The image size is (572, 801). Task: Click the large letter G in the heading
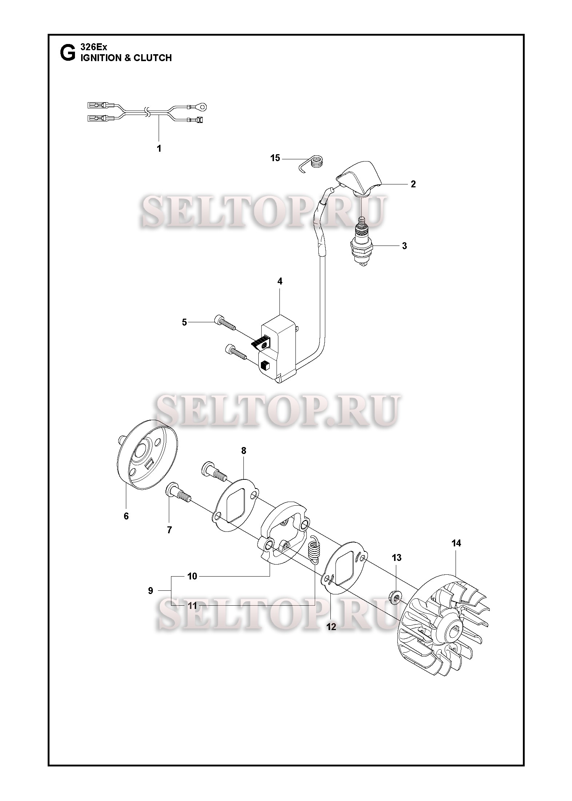point(67,53)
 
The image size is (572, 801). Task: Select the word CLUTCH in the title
point(152,57)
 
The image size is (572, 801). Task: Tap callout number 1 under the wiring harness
point(159,148)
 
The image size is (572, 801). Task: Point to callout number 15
point(275,158)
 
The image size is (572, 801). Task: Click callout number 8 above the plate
point(243,451)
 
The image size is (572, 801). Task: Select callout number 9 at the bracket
point(151,591)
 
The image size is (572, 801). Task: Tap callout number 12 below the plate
point(331,627)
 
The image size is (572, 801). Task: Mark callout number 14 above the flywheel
point(456,553)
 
